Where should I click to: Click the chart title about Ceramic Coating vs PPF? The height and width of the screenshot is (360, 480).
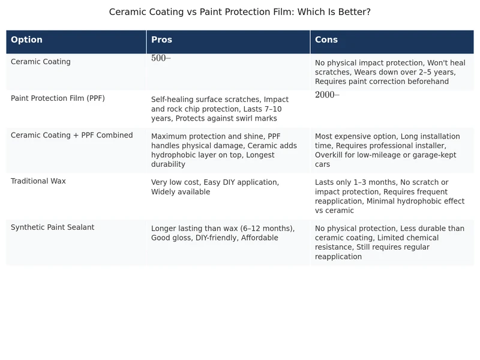pos(239,12)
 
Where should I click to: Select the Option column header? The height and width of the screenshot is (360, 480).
pos(27,40)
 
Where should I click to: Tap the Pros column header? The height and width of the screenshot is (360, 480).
pos(161,40)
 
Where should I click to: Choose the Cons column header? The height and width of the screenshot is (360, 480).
pos(326,40)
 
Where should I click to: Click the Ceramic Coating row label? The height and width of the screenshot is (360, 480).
pos(41,62)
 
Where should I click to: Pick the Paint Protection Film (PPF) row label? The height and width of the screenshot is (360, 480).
pos(58,98)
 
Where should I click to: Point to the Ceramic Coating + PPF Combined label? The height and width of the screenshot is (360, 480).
pos(72,136)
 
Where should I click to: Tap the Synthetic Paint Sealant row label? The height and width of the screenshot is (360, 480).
pos(53,227)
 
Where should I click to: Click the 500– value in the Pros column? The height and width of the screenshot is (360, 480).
pos(161,58)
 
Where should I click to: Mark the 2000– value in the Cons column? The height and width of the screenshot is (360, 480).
pos(327,95)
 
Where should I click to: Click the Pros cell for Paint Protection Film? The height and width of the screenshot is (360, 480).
pos(220,109)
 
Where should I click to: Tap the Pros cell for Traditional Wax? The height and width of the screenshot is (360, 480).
pos(215,187)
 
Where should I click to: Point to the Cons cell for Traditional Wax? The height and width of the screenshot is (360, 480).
pos(389,196)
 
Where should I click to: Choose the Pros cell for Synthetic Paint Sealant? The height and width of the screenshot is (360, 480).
pos(223,233)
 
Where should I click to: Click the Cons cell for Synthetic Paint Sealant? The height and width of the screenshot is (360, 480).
pos(389,242)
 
